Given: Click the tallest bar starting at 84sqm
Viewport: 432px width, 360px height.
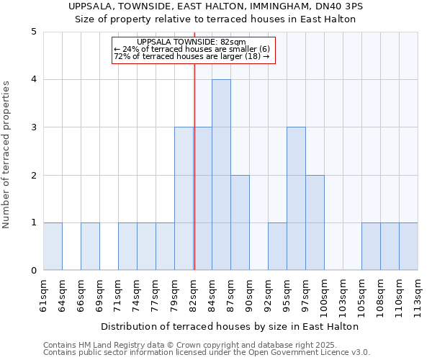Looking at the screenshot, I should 221,175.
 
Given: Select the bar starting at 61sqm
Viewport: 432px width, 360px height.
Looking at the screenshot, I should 53,246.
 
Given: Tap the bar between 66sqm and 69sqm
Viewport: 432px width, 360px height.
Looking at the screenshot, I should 90,246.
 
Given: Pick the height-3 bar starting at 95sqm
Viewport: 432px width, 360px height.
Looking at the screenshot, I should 296,199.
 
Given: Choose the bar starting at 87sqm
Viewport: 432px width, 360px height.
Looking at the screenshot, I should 240,222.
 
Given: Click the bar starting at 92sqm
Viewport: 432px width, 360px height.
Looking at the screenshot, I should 277,246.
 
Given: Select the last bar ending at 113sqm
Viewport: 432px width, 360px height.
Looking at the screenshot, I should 408,246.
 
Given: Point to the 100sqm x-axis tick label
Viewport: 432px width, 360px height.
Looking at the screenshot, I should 325,294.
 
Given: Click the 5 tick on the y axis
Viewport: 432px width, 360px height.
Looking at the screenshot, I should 33,32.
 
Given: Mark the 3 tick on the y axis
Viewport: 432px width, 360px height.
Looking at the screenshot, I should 33,127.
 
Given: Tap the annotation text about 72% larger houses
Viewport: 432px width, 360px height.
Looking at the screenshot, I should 192,56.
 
